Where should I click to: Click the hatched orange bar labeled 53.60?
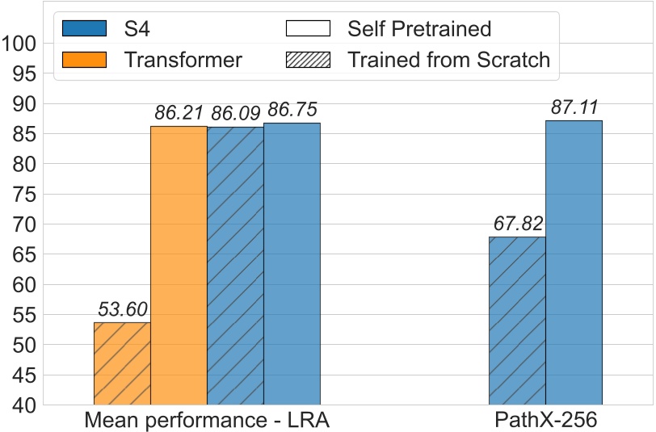pyautogui.click(x=122, y=363)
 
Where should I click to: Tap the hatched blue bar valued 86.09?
pyautogui.click(x=235, y=266)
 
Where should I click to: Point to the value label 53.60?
pyautogui.click(x=122, y=309)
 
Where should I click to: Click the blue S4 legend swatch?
pyautogui.click(x=85, y=29)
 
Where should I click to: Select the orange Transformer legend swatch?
pyautogui.click(x=85, y=59)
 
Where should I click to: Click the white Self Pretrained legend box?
pyautogui.click(x=308, y=29)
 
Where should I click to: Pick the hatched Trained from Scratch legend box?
pyautogui.click(x=308, y=59)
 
